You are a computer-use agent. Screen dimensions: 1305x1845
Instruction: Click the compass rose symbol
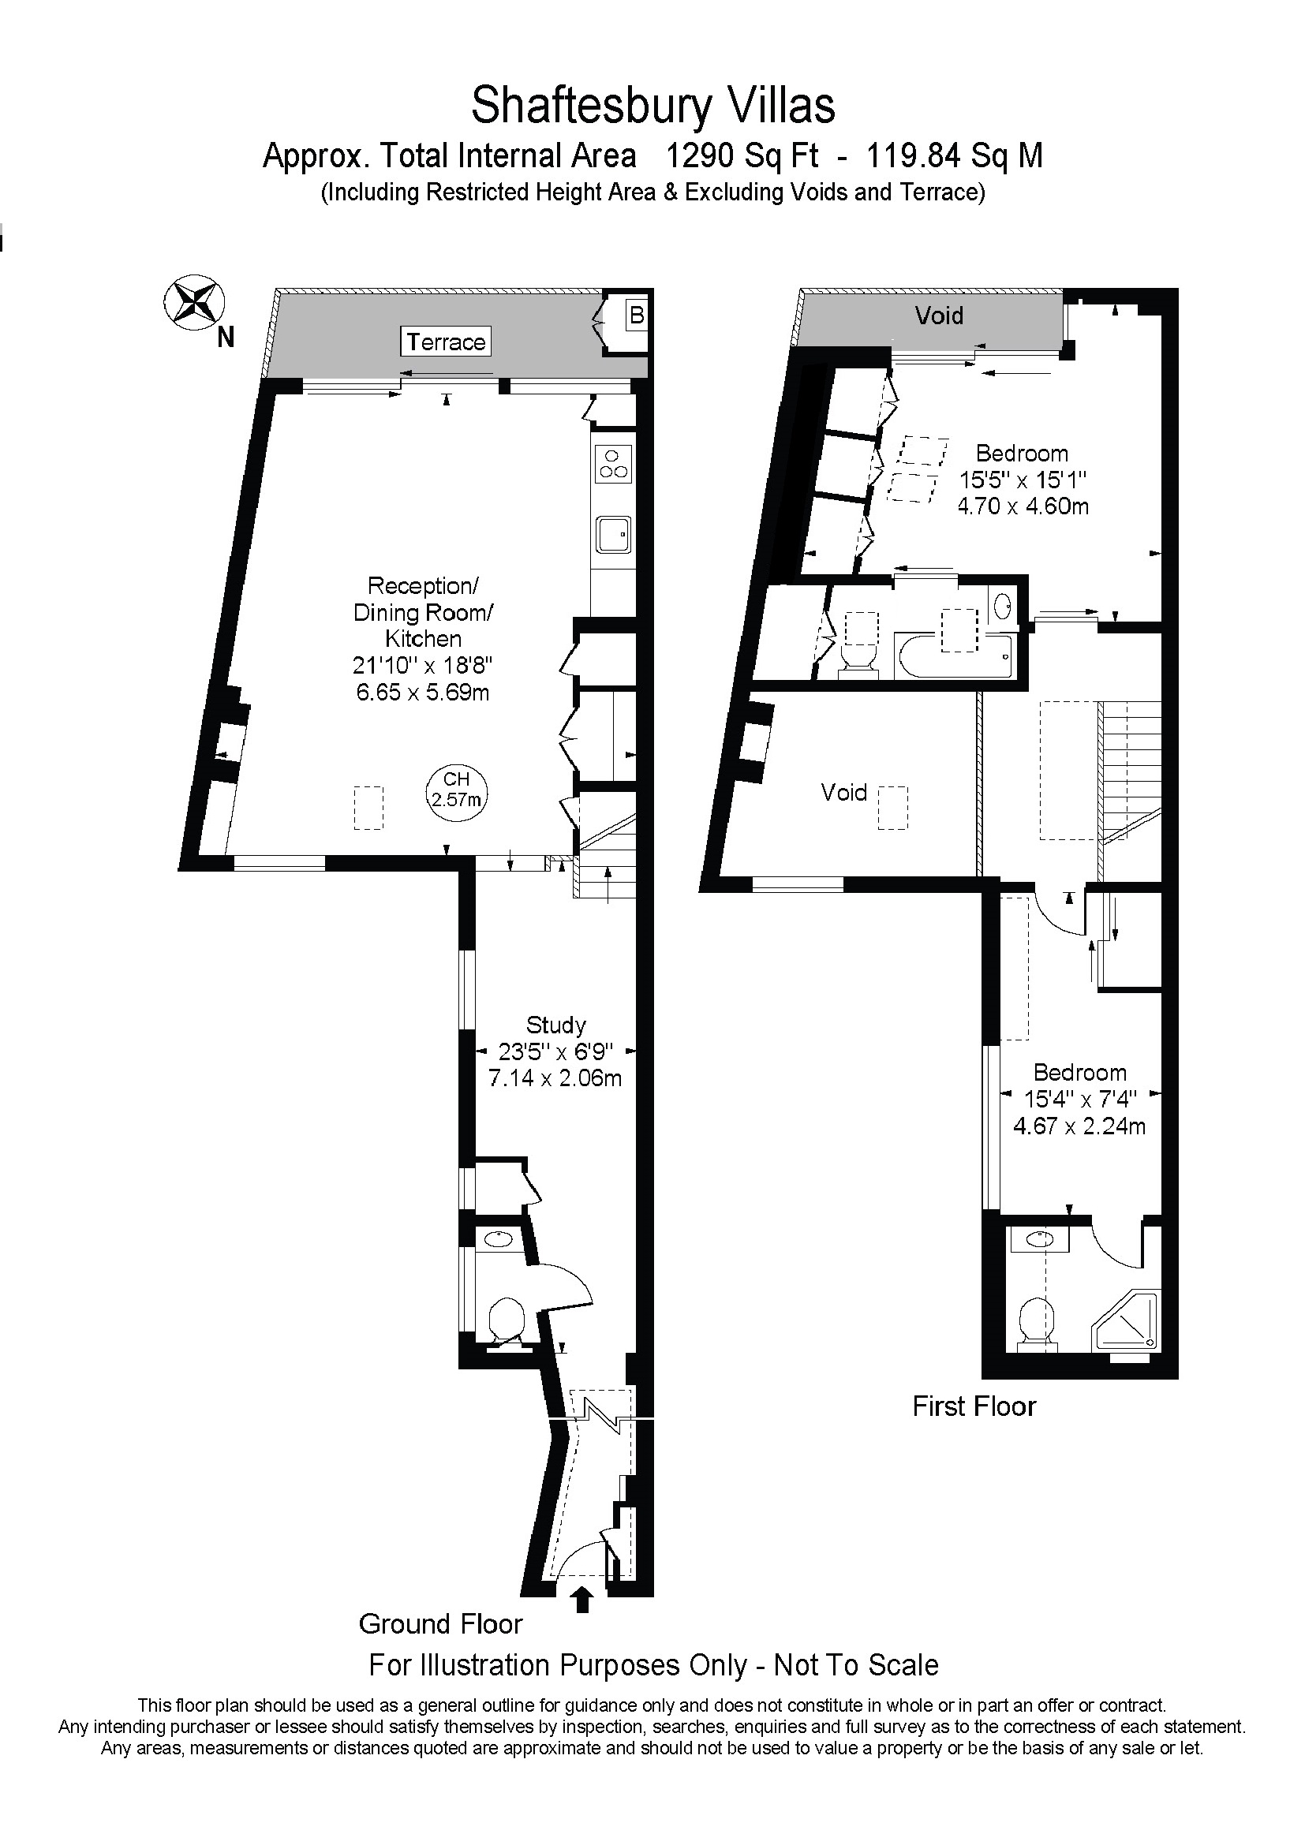(193, 301)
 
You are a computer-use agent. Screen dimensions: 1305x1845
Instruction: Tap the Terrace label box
(446, 342)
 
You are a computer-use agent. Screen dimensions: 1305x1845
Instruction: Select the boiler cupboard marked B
(637, 315)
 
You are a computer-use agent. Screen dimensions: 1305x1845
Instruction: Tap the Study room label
(556, 1025)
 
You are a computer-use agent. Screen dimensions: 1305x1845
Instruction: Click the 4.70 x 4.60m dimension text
(1023, 506)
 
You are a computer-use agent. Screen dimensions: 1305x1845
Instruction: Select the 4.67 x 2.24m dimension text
(1079, 1126)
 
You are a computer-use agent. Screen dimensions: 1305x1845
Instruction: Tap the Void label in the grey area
(939, 315)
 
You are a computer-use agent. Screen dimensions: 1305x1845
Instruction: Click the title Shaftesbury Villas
(653, 105)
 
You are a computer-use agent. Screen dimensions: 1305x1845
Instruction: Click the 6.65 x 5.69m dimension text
(423, 692)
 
